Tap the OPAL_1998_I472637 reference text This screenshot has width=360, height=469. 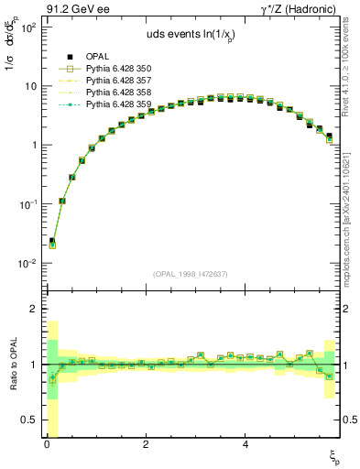[x=191, y=274]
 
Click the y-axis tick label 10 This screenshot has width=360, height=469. [x=29, y=86]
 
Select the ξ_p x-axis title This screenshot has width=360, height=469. [x=335, y=455]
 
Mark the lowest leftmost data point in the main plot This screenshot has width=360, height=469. [x=52, y=244]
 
